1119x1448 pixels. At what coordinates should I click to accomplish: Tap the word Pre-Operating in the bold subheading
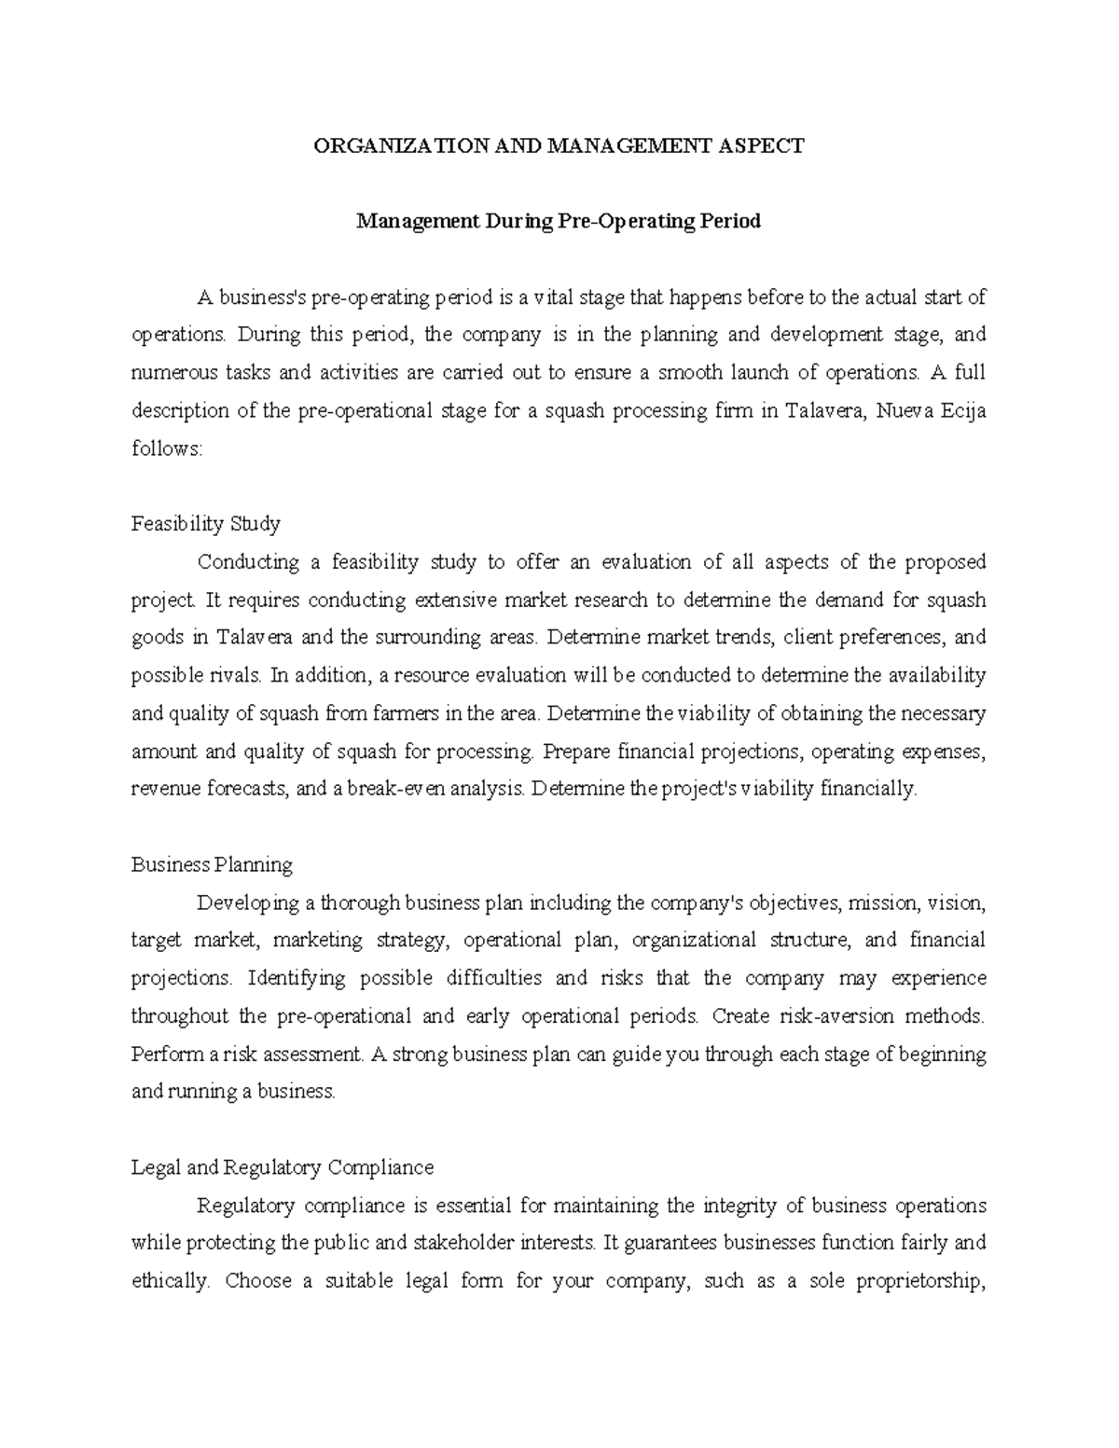click(616, 221)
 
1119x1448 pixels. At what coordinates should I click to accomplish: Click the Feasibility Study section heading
click(205, 524)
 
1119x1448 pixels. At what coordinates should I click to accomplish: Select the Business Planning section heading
click(212, 864)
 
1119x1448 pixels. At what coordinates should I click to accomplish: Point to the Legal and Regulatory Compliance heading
click(283, 1167)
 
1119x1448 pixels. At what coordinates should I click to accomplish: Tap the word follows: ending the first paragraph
click(166, 448)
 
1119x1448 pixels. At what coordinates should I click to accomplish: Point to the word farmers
click(393, 713)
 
